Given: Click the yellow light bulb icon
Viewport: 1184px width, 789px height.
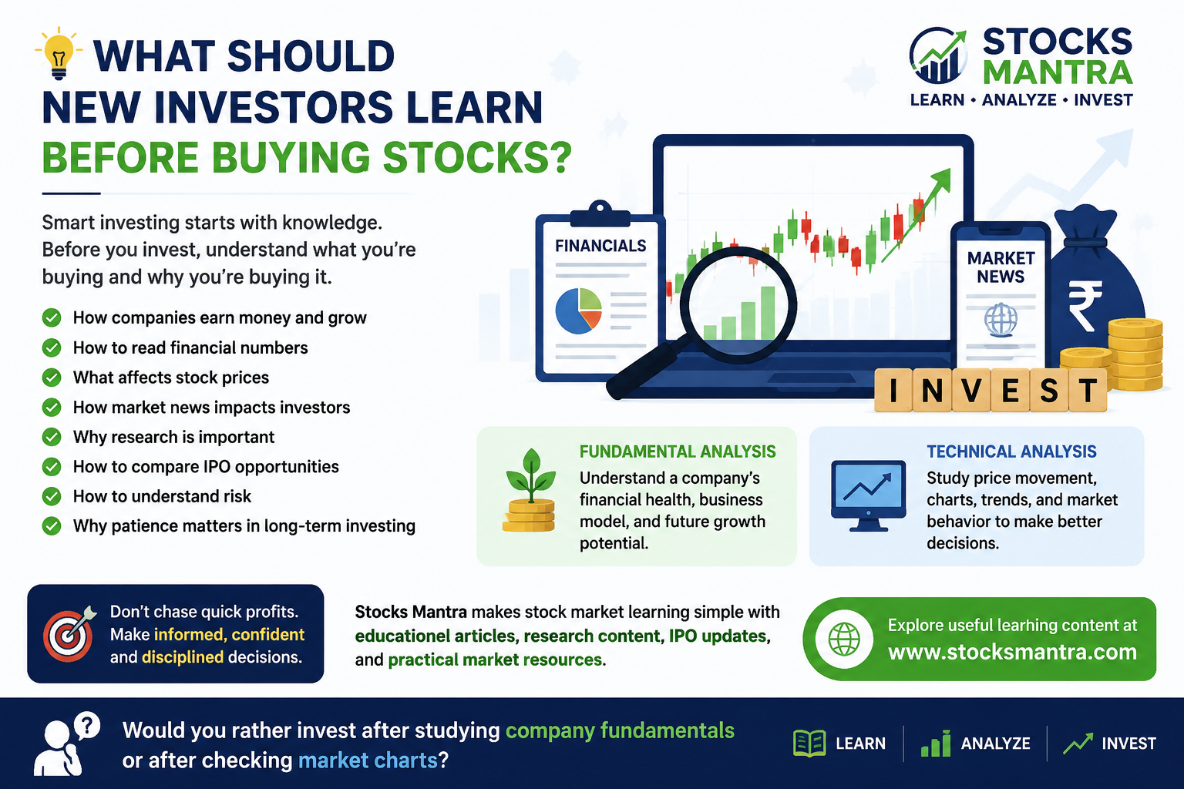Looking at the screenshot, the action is pyautogui.click(x=59, y=53).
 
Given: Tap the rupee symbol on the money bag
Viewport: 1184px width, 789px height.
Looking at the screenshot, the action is pyautogui.click(x=1085, y=305).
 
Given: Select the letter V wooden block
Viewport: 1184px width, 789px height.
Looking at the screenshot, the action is pyautogui.click(x=971, y=390).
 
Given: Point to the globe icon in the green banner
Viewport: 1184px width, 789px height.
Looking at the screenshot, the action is pyautogui.click(x=843, y=639).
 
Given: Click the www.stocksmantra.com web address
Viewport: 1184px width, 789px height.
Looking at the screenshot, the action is pyautogui.click(x=1012, y=652).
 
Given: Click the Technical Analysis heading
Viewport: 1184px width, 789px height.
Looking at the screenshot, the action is pyautogui.click(x=1011, y=452).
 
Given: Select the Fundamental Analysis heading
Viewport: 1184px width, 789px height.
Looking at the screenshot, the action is pyautogui.click(x=678, y=452).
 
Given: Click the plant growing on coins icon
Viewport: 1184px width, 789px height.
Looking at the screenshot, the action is pyautogui.click(x=530, y=490).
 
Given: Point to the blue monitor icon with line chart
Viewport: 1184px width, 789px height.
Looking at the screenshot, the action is pyautogui.click(x=868, y=495).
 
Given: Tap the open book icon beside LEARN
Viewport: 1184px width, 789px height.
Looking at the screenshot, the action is pyautogui.click(x=809, y=743).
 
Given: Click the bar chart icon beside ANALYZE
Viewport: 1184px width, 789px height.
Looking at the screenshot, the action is pyautogui.click(x=936, y=743).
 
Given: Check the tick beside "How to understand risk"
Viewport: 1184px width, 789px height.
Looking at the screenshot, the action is pyautogui.click(x=52, y=496).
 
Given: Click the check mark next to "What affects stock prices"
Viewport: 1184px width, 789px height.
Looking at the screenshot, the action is pyautogui.click(x=52, y=378).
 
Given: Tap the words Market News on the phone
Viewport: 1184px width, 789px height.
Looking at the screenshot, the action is pyautogui.click(x=1001, y=267).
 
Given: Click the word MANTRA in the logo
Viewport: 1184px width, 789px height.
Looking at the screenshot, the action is pyautogui.click(x=1058, y=72).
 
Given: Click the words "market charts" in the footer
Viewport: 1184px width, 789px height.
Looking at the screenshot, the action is pyautogui.click(x=368, y=760).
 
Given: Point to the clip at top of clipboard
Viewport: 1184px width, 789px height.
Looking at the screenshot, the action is pyautogui.click(x=600, y=213).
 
